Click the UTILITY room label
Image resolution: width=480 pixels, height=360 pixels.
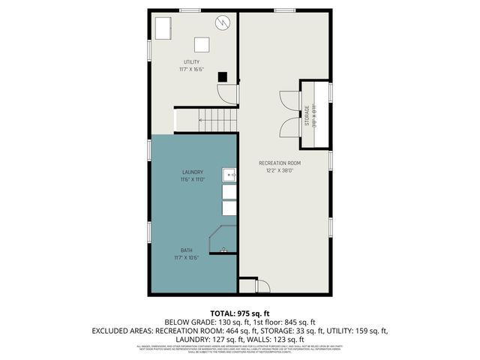point(192,61)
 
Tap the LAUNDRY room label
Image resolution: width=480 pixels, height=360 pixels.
point(192,172)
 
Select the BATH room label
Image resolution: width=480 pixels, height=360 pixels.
point(186,250)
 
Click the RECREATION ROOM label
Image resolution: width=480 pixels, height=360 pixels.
point(280,163)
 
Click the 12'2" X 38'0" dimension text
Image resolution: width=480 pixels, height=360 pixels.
point(280,170)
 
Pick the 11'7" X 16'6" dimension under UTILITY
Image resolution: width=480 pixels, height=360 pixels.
point(192,69)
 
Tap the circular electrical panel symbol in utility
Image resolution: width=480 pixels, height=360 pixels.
point(223,22)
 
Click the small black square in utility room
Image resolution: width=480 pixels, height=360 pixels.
point(222,76)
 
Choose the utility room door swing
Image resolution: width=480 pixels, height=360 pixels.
point(227,94)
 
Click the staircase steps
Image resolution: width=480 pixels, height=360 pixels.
point(217,118)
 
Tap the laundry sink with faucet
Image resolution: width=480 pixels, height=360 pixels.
point(230,175)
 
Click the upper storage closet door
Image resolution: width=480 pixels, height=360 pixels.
point(289,101)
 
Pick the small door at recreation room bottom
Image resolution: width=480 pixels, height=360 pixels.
point(262,285)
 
